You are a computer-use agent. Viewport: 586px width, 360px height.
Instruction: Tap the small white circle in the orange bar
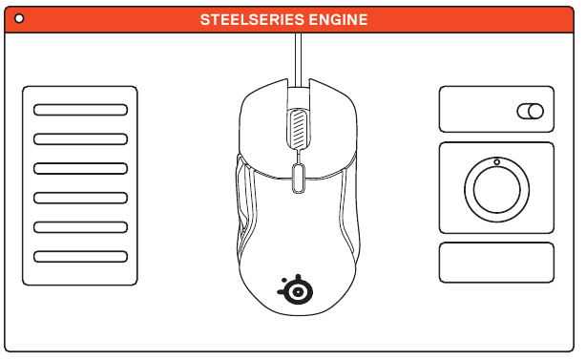click(x=19, y=18)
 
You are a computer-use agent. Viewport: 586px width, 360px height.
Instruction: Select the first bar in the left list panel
click(x=80, y=110)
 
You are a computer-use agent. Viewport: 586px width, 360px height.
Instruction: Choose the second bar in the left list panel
click(x=80, y=139)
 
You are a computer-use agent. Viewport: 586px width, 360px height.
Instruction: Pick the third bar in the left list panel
click(x=80, y=169)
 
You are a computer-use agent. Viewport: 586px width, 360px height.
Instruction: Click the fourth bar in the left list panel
click(x=80, y=198)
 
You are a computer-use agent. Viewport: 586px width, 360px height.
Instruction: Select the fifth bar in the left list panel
click(x=80, y=227)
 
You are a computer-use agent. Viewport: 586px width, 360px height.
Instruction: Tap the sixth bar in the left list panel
click(x=80, y=257)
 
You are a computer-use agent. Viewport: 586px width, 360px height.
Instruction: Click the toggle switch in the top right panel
click(x=531, y=112)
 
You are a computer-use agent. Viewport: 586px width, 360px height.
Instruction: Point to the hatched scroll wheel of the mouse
click(x=298, y=129)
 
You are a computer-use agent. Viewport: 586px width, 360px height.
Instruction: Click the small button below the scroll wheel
click(x=298, y=179)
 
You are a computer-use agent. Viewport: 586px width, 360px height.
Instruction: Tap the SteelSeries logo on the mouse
click(x=296, y=289)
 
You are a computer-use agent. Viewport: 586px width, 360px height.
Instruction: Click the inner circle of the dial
click(x=496, y=189)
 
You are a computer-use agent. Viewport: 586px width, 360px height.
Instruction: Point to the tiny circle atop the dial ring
click(x=496, y=162)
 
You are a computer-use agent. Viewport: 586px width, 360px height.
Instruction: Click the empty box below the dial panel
click(x=496, y=263)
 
